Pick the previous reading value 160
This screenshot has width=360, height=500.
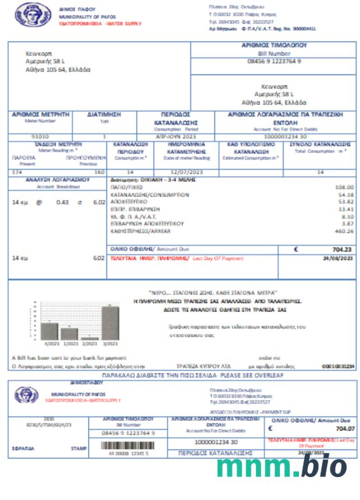tap(99, 172)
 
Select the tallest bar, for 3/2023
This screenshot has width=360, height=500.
tap(110, 323)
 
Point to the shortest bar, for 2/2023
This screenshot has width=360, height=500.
tap(90, 338)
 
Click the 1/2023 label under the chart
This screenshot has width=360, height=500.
tap(69, 344)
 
